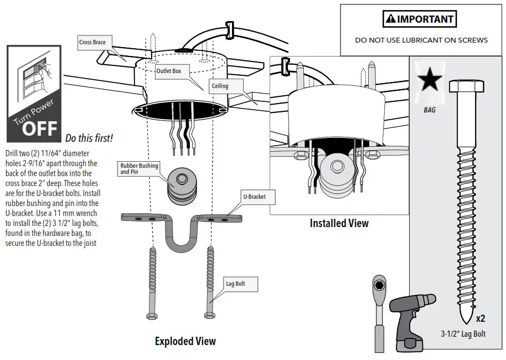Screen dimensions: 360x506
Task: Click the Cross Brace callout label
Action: click(92, 42)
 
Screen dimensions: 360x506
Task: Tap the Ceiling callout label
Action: click(219, 86)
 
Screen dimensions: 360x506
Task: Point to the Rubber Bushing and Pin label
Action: click(139, 169)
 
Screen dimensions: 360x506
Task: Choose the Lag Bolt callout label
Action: click(235, 284)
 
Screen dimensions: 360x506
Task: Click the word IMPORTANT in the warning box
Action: click(425, 19)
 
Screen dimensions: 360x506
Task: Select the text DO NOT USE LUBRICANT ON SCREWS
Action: click(421, 40)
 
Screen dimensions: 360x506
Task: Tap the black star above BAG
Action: click(430, 81)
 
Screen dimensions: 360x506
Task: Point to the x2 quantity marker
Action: click(481, 318)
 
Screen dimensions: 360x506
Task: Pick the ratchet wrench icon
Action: click(379, 310)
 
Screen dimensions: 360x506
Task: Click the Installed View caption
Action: click(339, 224)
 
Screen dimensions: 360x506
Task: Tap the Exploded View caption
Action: click(185, 341)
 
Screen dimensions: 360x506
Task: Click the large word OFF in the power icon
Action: click(39, 128)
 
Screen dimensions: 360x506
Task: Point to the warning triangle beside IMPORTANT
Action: click(390, 19)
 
